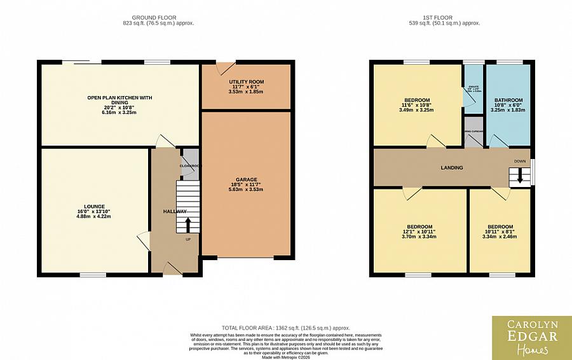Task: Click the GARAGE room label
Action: tap(246, 180)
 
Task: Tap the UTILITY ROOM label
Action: tap(246, 82)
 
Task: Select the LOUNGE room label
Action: tap(93, 207)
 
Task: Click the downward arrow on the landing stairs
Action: tap(520, 176)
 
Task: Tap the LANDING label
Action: tap(452, 168)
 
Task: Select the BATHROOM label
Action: tap(508, 100)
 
